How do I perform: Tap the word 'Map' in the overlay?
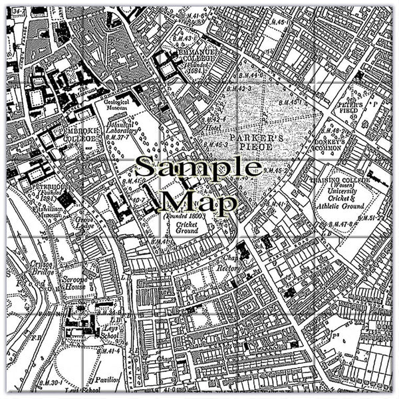[199, 199]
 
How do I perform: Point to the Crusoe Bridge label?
[22, 267]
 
